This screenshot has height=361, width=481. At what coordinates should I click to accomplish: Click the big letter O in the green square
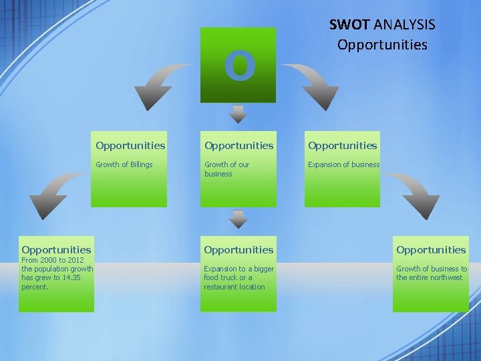[x=238, y=66]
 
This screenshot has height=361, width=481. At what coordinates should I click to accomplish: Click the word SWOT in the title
[x=349, y=25]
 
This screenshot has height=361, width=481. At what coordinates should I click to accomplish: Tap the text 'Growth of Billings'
[x=124, y=164]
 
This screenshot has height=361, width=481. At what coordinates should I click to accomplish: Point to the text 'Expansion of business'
[x=343, y=164]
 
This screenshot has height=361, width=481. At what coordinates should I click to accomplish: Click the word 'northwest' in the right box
[x=446, y=277]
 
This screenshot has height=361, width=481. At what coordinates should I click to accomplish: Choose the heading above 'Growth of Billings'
[x=130, y=145]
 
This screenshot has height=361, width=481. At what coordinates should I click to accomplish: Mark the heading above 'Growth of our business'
[x=238, y=145]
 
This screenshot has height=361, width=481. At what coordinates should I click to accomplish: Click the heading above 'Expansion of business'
[x=343, y=145]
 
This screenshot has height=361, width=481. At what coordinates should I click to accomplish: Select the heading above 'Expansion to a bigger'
[x=238, y=249]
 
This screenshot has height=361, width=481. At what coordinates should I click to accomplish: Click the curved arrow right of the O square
[x=314, y=84]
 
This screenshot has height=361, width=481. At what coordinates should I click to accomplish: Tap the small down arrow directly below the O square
[x=238, y=114]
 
